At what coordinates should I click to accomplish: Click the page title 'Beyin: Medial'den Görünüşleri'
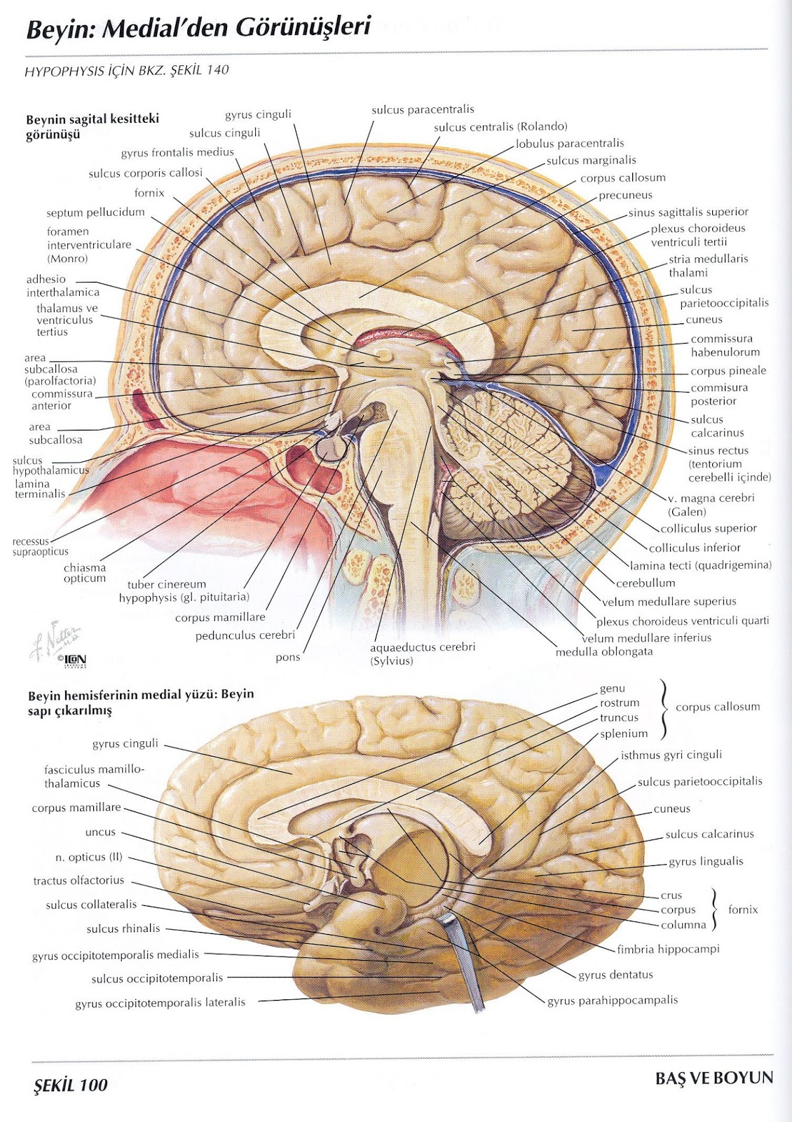(x=198, y=28)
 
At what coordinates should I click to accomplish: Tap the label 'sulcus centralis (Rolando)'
(x=500, y=127)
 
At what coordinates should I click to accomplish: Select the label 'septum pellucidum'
(x=95, y=212)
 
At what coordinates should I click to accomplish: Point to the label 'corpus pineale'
(x=728, y=371)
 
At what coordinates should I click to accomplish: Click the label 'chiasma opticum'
(x=85, y=573)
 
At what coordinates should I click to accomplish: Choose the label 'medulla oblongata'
(x=603, y=651)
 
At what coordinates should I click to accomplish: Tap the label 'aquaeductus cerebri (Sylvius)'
(x=423, y=654)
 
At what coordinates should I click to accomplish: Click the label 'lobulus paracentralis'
(x=570, y=144)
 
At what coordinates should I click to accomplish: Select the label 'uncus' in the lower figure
(x=100, y=832)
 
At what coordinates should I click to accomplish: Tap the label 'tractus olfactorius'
(x=78, y=880)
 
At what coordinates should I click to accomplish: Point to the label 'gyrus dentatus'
(x=615, y=975)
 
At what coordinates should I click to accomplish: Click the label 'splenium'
(x=624, y=734)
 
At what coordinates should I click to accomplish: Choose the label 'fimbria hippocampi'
(x=668, y=949)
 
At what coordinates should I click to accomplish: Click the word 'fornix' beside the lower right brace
(x=743, y=910)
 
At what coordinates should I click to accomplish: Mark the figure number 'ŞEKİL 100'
(x=71, y=1086)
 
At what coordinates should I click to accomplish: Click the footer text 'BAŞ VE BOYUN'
(x=714, y=1078)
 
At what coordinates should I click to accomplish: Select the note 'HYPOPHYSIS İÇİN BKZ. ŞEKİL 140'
(x=127, y=70)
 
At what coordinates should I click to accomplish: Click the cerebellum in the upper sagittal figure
(x=512, y=449)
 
